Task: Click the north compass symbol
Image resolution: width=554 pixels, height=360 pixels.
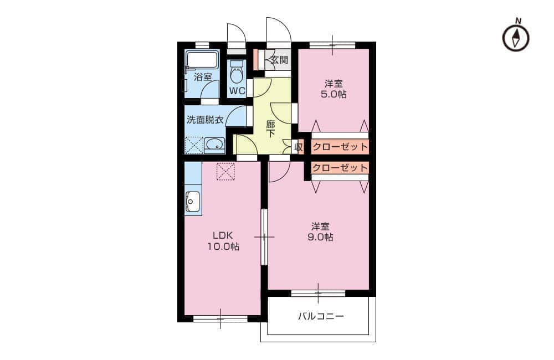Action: (516, 37)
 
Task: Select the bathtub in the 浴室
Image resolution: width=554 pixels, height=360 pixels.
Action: (202, 59)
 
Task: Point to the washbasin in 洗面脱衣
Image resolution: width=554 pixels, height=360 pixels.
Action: (214, 145)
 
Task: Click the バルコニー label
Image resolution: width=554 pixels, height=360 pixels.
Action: (321, 316)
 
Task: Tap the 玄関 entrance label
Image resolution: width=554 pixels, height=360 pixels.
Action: (279, 60)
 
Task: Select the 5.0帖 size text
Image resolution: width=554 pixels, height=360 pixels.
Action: (334, 94)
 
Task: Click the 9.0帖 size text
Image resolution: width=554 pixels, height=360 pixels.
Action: (320, 236)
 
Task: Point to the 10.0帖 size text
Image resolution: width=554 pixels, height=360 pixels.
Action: (223, 246)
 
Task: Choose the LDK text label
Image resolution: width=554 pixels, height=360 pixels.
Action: (223, 235)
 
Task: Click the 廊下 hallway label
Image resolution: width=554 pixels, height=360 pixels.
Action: (271, 129)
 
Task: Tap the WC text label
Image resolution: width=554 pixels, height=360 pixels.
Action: (237, 91)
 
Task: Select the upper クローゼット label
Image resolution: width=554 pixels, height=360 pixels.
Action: (340, 146)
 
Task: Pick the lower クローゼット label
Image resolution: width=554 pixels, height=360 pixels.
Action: (340, 167)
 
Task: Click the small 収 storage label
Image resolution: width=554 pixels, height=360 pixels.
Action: (299, 147)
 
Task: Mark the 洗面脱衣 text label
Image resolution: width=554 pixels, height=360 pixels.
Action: (205, 120)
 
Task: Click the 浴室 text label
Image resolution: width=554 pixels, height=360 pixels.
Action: (203, 76)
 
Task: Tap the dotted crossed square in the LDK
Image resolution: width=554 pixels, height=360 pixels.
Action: (225, 171)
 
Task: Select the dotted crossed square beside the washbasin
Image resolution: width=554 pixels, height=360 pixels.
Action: (194, 145)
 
